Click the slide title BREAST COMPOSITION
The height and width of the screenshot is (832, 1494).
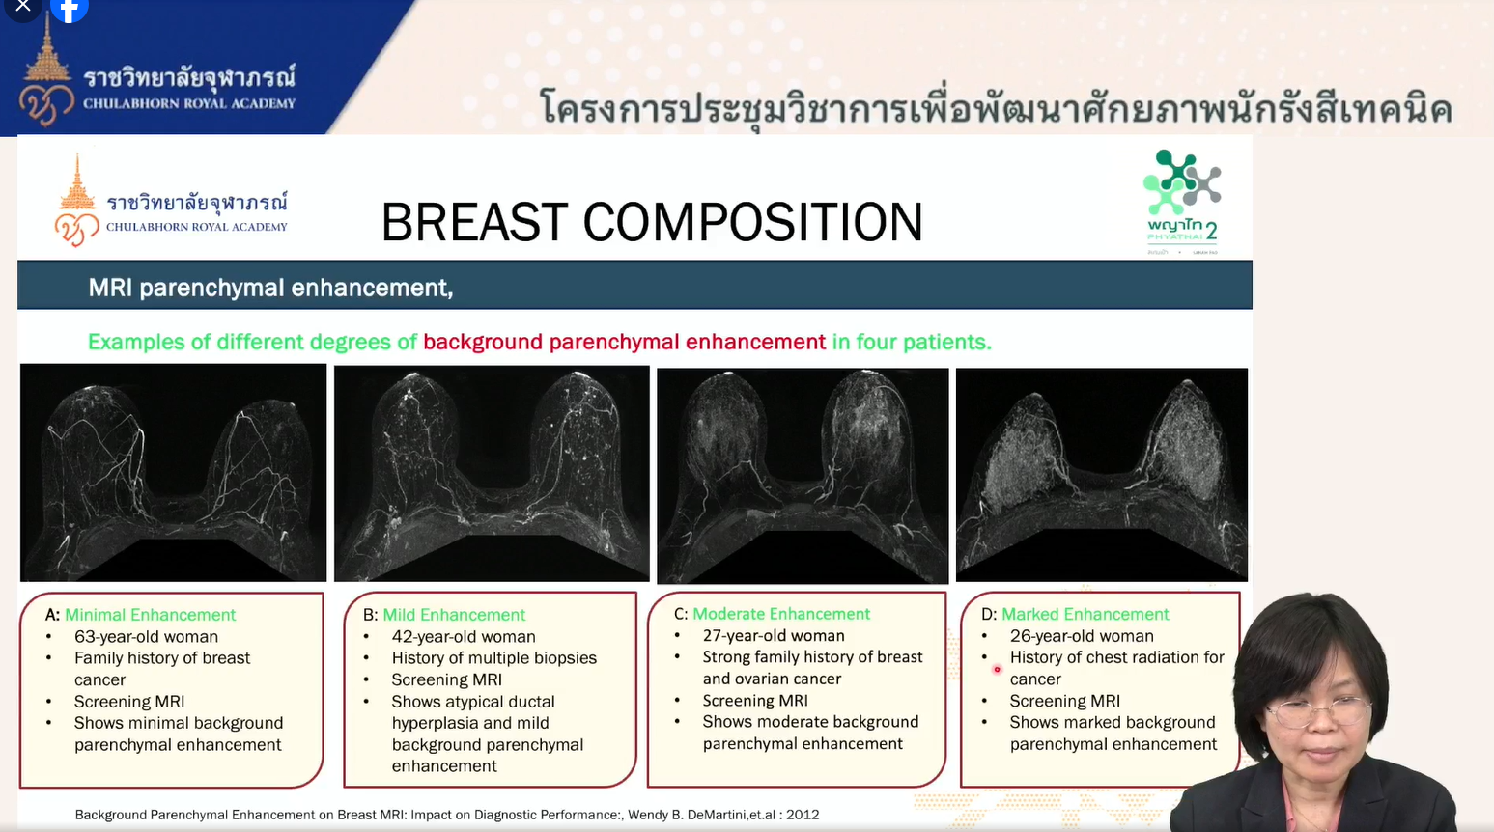652,222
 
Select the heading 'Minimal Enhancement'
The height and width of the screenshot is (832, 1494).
150,615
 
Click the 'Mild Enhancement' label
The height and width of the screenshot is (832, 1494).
454,615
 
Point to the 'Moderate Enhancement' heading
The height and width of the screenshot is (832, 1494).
781,613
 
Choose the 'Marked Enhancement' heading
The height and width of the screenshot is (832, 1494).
1085,614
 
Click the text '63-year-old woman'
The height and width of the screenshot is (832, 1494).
146,637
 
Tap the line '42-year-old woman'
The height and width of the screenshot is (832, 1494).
464,637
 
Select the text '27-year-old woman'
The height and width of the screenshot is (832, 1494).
774,635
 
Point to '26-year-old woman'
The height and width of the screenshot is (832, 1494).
1082,636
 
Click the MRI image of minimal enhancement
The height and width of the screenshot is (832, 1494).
174,473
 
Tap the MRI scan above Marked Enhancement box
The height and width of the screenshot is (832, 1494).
1102,475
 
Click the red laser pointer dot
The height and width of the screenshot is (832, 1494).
997,669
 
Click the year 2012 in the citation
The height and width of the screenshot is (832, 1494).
803,815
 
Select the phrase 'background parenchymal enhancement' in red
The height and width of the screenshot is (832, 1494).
624,342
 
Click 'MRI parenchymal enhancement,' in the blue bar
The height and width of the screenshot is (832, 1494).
270,288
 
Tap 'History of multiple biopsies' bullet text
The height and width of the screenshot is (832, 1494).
494,658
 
